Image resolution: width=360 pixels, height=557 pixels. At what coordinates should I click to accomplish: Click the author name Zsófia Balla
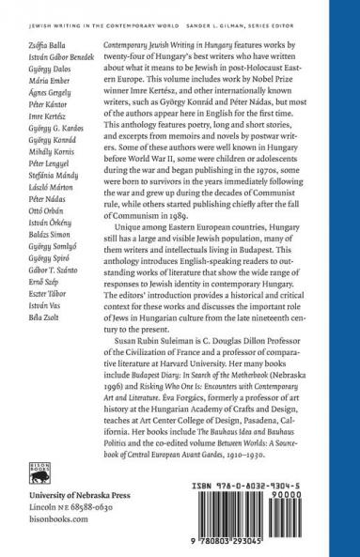tap(36, 44)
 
